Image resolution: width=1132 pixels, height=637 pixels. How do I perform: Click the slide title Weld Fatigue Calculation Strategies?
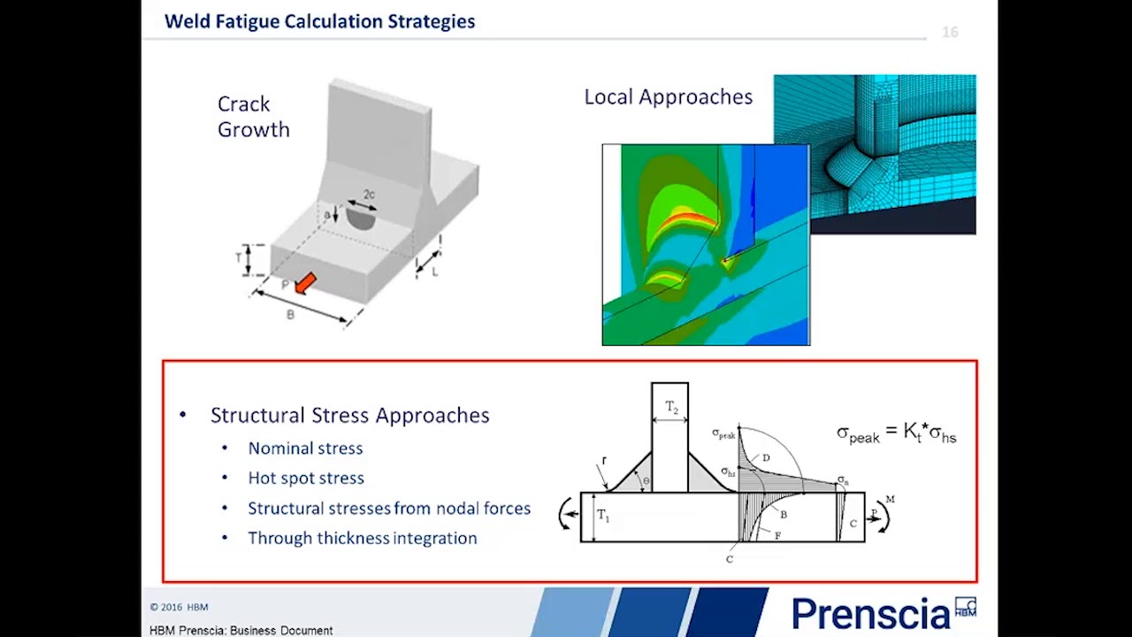[x=319, y=21]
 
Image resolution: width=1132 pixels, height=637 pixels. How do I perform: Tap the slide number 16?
[x=950, y=33]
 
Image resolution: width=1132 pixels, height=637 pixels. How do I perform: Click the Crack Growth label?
[x=253, y=117]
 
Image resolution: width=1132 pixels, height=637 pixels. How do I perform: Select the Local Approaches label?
[x=668, y=97]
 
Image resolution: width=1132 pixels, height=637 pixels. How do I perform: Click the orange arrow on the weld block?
[x=305, y=283]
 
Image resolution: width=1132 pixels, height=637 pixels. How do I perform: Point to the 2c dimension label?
[x=369, y=195]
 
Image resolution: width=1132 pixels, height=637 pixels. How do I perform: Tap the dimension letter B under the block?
[x=290, y=314]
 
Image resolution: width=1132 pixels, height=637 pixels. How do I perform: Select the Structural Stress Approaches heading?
[x=349, y=415]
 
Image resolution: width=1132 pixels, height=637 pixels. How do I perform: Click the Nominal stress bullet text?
[x=305, y=449]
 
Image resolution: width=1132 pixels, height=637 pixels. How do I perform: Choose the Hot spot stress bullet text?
[x=306, y=479]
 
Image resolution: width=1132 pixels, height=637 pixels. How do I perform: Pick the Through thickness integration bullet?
[x=362, y=538]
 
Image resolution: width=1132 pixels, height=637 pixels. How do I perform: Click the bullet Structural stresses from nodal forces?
[x=389, y=509]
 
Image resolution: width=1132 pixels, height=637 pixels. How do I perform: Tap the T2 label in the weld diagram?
[x=671, y=408]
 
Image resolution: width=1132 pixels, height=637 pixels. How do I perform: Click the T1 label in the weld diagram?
[x=603, y=516]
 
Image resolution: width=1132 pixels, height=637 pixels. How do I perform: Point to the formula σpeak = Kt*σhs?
[x=896, y=433]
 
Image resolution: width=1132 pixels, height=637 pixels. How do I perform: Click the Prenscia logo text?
[x=871, y=613]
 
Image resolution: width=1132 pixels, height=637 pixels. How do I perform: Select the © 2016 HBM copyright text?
[x=179, y=608]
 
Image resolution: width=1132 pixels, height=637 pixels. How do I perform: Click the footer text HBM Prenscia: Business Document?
[x=241, y=631]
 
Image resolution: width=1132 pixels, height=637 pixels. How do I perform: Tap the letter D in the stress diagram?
[x=766, y=457]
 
